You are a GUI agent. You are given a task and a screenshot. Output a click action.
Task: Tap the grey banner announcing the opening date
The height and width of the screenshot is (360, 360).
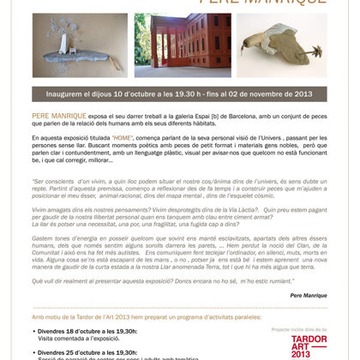(179, 93)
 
